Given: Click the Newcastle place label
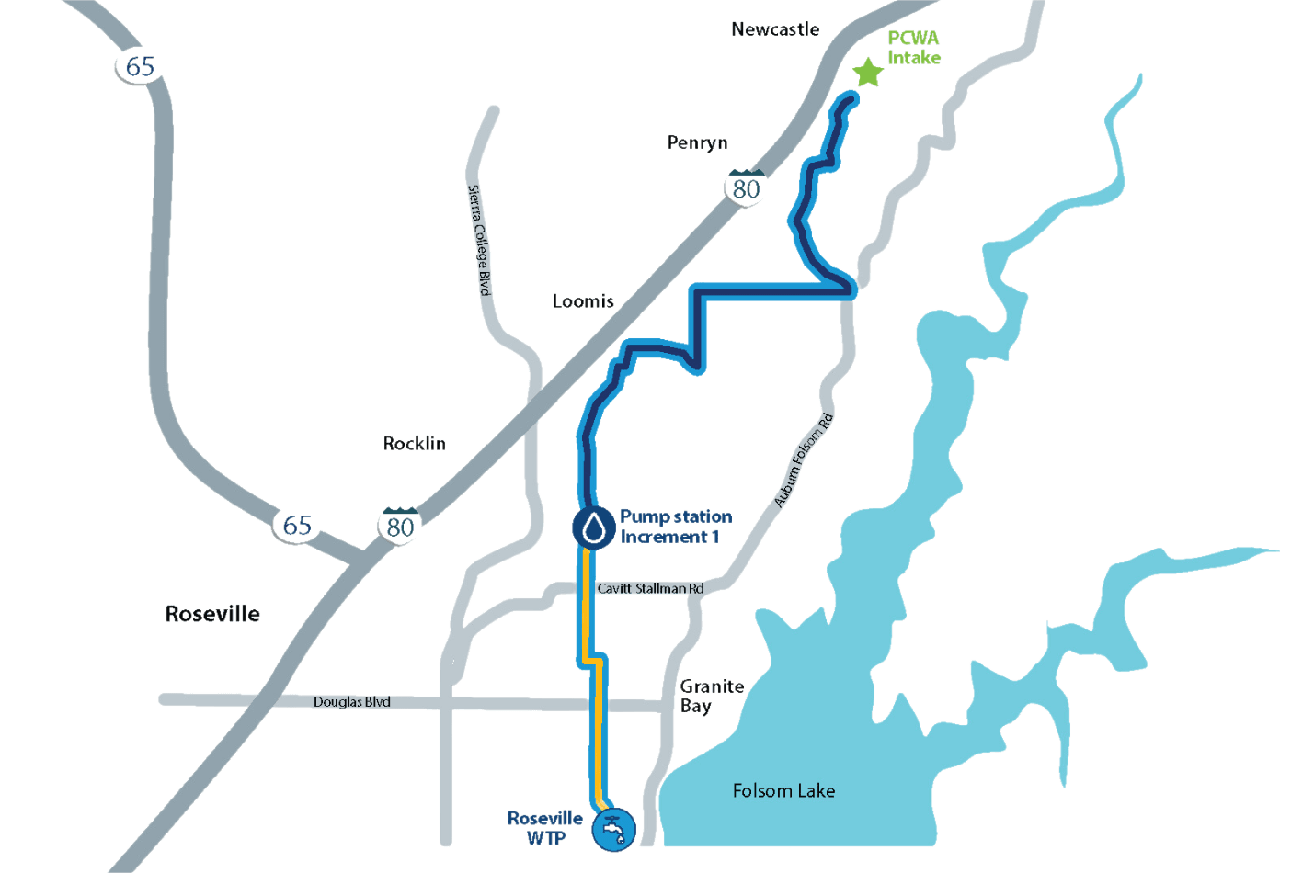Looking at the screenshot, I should pos(775,29).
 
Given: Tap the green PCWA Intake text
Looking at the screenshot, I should pos(913,48).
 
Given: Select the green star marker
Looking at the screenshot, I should pos(867,73).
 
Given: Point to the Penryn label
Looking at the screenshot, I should pos(697,142).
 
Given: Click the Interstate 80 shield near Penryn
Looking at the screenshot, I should pos(746,187).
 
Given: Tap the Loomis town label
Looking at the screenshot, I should pos(583,301).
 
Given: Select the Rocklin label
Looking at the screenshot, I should pos(415,444).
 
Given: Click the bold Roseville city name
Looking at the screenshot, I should pos(212,614).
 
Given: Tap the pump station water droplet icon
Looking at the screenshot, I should pos(593,527).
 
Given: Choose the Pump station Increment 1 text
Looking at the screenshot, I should pos(675,527).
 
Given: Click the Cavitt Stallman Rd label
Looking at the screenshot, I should pos(650,588).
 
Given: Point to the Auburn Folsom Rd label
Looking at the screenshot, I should pos(803,460).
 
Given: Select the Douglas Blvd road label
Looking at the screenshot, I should pos(351,702).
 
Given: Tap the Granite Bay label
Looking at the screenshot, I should pos(711,696).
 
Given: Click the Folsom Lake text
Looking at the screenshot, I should pos(783,790).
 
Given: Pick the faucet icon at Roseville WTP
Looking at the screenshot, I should pos(613,830).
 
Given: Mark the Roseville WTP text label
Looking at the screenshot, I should pos(545,828).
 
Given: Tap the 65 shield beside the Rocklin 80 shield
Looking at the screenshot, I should pos(296,525).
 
